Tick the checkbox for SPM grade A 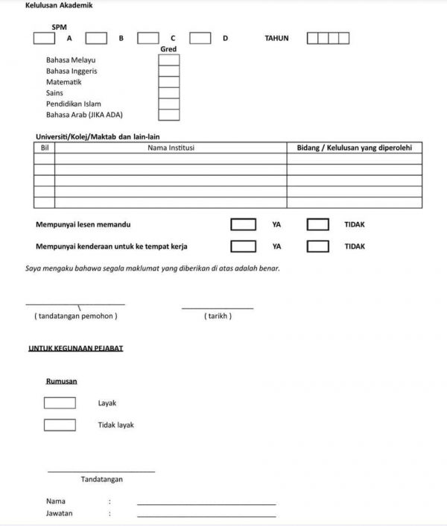coord(44,38)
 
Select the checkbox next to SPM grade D coord(200,38)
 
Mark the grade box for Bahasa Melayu coord(169,60)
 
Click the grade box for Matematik coord(169,82)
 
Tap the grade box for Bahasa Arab coord(169,115)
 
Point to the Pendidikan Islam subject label coord(73,104)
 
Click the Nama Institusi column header coord(171,148)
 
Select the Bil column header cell coord(45,148)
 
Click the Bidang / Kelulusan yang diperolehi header coord(354,148)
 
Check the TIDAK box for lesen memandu coord(318,224)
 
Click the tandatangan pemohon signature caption coord(75,316)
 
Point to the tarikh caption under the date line coord(218,316)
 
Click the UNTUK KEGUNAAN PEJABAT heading coord(75,348)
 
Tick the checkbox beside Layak coord(60,403)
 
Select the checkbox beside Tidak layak coord(60,425)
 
